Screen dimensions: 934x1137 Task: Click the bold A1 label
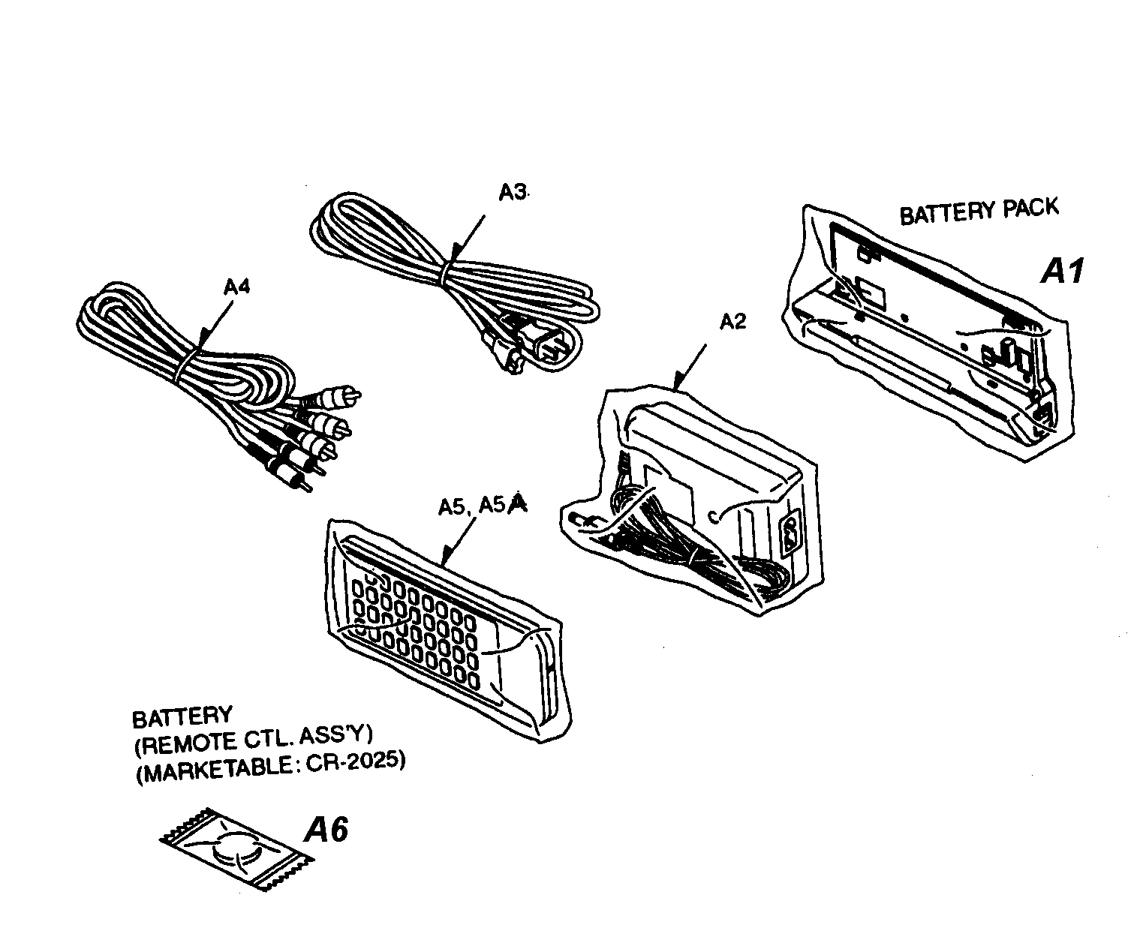tap(1062, 270)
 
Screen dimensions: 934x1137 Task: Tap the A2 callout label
tap(732, 322)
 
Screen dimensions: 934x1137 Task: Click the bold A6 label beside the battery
tap(326, 830)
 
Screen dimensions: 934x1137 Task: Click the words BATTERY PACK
tap(978, 211)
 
